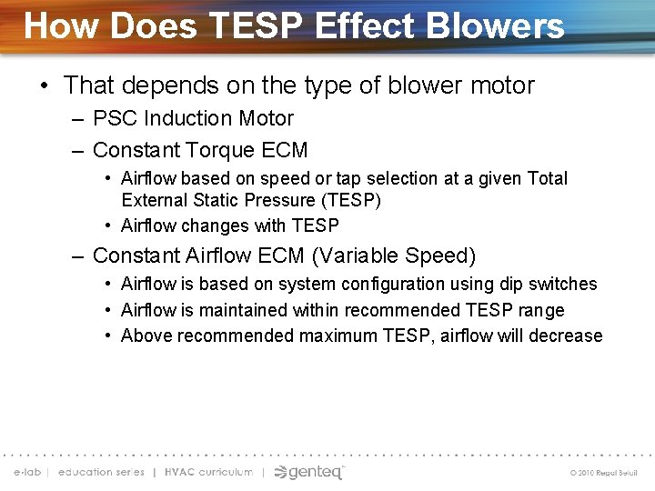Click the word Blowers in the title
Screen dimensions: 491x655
[x=504, y=25]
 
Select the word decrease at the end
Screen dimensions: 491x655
[x=569, y=336]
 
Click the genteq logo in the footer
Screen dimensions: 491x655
[x=309, y=472]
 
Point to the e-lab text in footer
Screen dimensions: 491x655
[x=27, y=473]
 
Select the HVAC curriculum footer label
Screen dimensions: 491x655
[x=208, y=473]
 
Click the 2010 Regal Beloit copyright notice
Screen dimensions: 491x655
[x=603, y=473]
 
